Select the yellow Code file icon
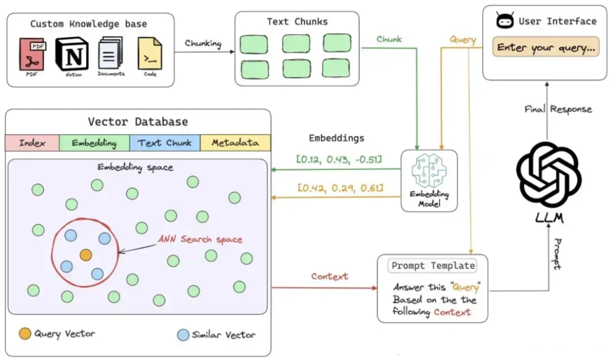(x=150, y=54)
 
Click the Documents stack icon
(x=110, y=53)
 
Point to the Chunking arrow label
(x=203, y=43)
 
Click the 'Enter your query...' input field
(x=547, y=47)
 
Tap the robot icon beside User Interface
(x=505, y=21)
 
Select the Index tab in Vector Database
(x=32, y=143)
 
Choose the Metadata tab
(x=235, y=143)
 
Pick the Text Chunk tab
(x=165, y=143)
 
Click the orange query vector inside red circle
(x=85, y=255)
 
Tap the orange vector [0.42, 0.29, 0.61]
(x=339, y=188)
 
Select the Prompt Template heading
(x=433, y=265)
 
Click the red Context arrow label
(x=329, y=276)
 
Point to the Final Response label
(x=558, y=109)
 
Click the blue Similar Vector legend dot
(x=183, y=334)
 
